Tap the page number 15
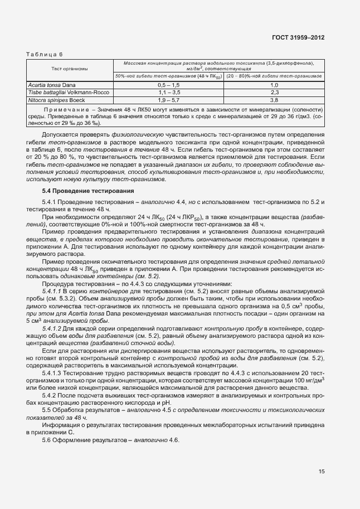point(322,472)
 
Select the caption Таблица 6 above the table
point(45,54)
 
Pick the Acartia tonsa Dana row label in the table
point(51,84)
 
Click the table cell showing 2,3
point(274,91)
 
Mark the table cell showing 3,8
point(274,99)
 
